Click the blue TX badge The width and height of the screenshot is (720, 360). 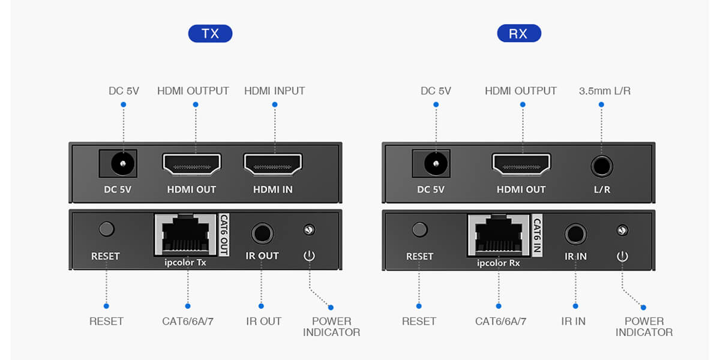210,34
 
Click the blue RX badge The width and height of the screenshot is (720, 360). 519,34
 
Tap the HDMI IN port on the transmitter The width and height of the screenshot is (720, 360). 273,164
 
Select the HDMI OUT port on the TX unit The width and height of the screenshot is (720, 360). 192,164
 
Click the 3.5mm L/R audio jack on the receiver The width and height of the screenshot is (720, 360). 601,164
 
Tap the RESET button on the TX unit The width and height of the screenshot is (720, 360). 106,229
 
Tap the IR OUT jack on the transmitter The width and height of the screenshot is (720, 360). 262,232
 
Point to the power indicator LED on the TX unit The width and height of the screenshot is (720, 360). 309,229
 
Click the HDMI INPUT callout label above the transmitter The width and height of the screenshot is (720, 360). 274,91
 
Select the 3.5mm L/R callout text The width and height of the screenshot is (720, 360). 604,91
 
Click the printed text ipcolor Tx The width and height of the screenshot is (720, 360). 185,263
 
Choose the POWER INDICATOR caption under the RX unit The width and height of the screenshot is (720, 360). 644,326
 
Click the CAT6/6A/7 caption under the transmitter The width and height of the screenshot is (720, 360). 188,321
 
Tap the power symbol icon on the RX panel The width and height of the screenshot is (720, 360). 622,256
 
